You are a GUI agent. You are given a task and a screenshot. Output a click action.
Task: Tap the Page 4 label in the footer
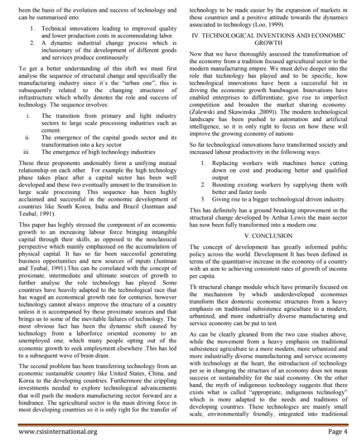pos(338,431)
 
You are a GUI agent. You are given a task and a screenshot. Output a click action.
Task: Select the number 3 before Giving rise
pos(202,198)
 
